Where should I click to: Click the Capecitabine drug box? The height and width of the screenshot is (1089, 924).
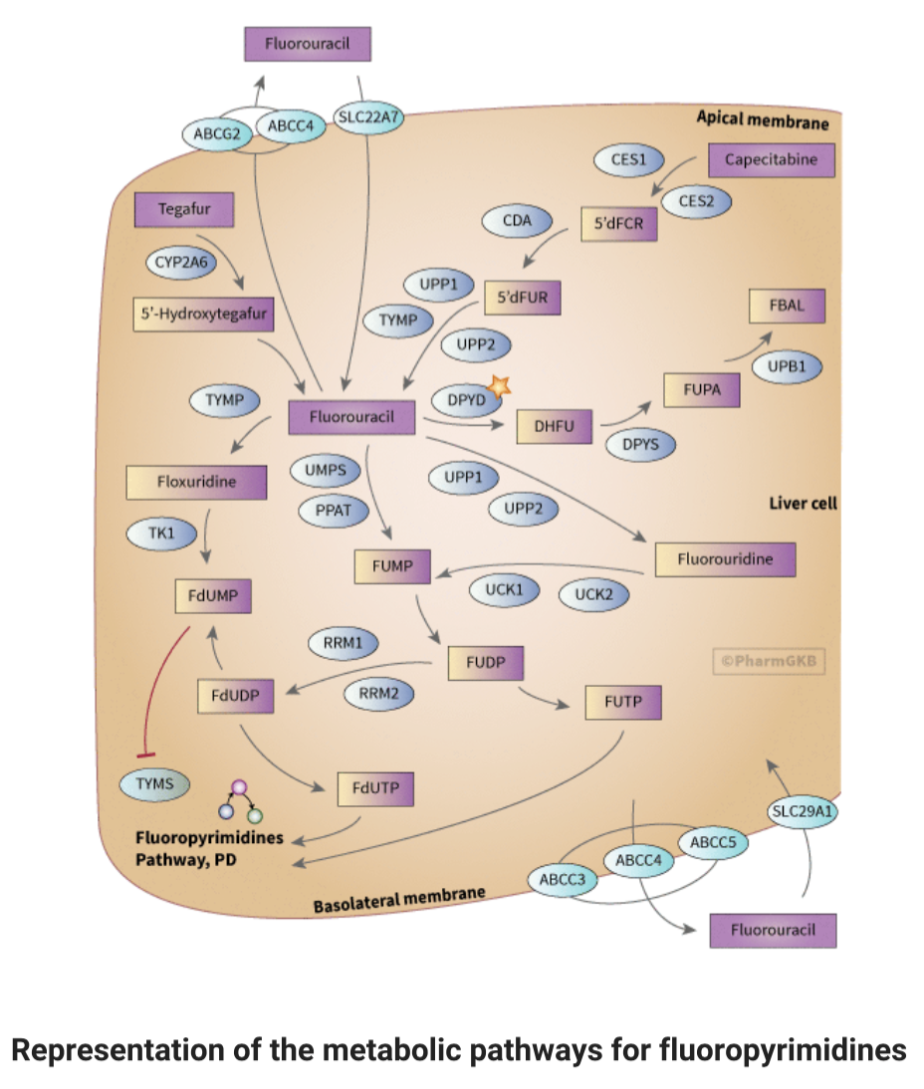(771, 160)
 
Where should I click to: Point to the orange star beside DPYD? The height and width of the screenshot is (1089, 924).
(499, 385)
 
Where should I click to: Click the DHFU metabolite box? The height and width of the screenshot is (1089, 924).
(556, 428)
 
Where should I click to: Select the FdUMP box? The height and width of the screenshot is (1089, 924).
(212, 596)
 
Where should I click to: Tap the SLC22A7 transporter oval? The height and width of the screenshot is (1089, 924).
(369, 117)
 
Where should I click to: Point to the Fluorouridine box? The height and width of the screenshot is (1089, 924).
(725, 559)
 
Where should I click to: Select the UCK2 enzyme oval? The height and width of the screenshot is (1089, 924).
(593, 595)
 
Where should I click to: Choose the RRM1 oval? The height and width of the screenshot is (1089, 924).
(343, 643)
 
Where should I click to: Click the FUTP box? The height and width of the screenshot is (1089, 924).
(623, 702)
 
